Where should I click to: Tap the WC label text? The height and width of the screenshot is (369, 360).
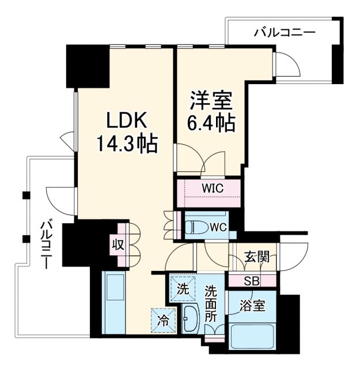[218, 227]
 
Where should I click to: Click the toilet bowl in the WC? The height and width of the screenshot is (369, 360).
[195, 227]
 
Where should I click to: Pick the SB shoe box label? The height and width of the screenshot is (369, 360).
[252, 281]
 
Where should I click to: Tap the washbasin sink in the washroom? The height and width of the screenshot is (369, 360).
[190, 317]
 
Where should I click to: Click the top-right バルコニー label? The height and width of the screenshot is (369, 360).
[285, 33]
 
